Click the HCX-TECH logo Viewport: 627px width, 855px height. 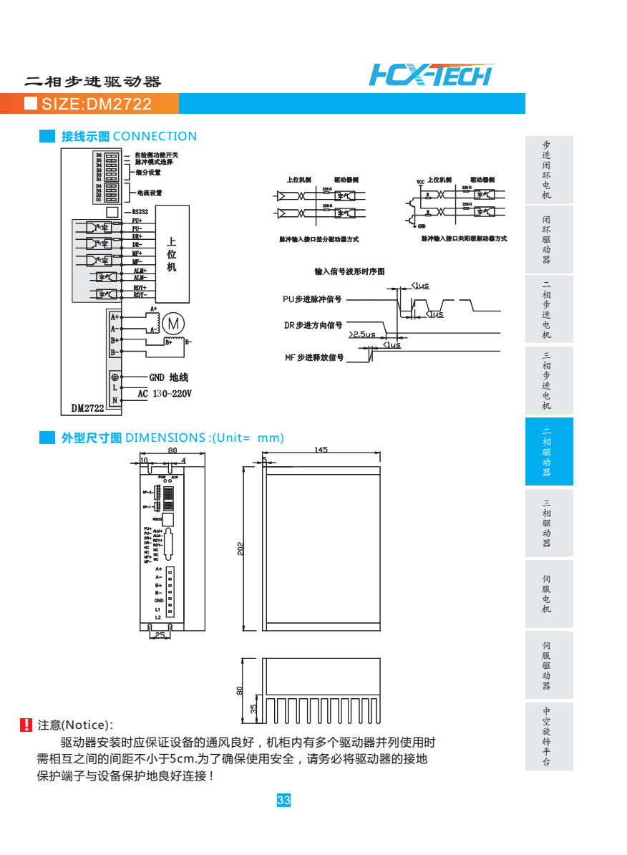[431, 74]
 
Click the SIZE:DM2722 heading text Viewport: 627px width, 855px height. [97, 105]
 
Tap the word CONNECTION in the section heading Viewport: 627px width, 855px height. [155, 136]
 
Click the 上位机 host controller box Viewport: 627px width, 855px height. [172, 254]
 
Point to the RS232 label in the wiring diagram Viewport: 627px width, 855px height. [140, 212]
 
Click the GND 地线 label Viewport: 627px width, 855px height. [168, 377]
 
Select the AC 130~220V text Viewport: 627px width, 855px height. [165, 394]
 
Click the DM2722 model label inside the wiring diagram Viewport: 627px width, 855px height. [87, 408]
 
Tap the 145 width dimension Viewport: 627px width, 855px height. [321, 450]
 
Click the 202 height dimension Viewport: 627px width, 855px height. [241, 548]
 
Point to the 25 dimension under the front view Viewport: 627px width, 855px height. [160, 634]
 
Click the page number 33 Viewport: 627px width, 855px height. [283, 801]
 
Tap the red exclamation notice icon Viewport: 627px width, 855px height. [26, 725]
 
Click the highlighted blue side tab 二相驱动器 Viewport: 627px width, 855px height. [547, 452]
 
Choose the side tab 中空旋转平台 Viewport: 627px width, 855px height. [547, 735]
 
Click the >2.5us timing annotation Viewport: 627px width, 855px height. [361, 334]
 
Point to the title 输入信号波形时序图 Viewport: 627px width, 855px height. [350, 271]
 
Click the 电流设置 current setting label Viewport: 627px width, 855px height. [150, 193]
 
